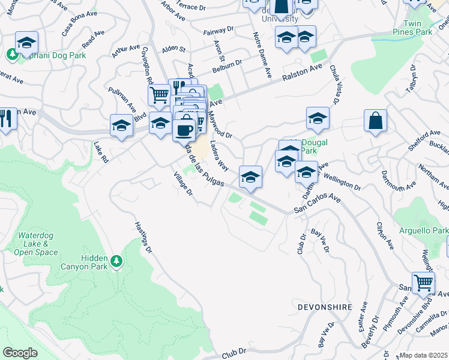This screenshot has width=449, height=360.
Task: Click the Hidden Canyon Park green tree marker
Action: pyautogui.click(x=116, y=262)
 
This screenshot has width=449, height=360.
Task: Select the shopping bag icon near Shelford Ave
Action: pyautogui.click(x=375, y=121)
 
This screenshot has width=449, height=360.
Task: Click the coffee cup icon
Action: pyautogui.click(x=184, y=129)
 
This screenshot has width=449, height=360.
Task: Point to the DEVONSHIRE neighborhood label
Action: pyautogui.click(x=324, y=307)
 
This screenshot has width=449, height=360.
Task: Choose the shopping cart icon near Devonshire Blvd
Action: pyautogui.click(x=423, y=282)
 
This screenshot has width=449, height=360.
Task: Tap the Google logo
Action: pyautogui.click(x=20, y=353)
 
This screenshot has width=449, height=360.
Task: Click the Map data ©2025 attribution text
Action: pyautogui.click(x=423, y=355)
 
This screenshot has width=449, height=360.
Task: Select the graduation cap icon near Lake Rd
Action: pyautogui.click(x=121, y=127)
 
